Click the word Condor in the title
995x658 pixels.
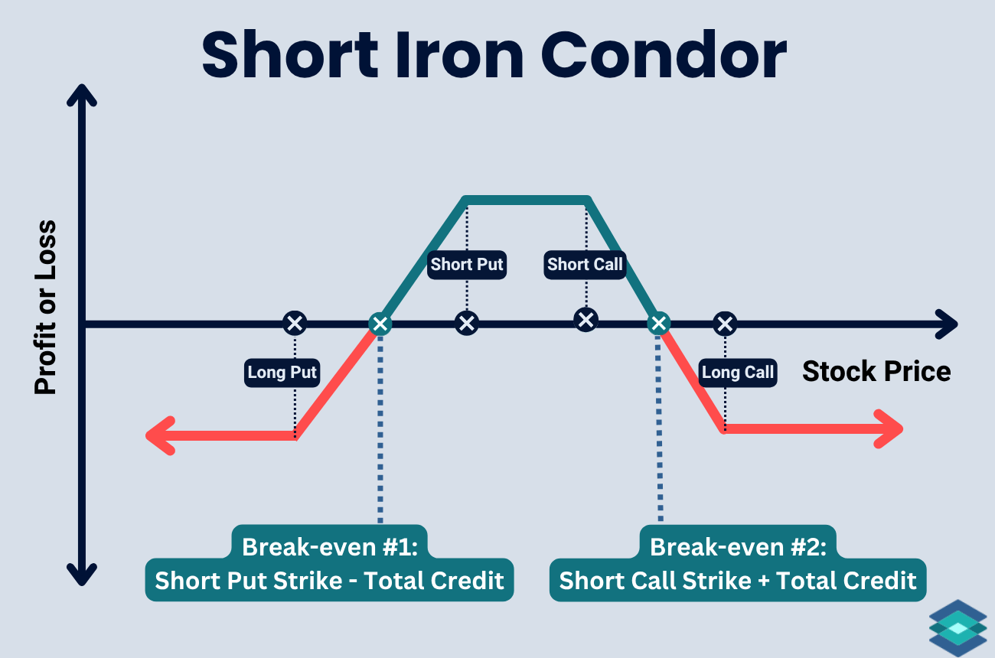click(664, 55)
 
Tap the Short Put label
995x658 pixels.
click(466, 265)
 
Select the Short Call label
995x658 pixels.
click(585, 265)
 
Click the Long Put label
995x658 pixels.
click(282, 373)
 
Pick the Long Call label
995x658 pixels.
click(738, 373)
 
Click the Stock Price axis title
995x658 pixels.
click(876, 371)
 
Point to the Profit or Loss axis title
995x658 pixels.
click(46, 308)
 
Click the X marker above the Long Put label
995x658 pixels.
click(295, 323)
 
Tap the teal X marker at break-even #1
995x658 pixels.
click(380, 324)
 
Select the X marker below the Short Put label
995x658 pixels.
click(466, 323)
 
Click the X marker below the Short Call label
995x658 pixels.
click(586, 320)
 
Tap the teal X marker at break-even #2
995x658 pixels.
click(659, 323)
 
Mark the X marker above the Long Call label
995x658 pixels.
click(725, 324)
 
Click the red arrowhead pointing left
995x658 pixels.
click(160, 435)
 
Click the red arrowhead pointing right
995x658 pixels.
click(889, 429)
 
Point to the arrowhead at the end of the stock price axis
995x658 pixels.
click(947, 324)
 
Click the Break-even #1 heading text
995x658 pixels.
click(330, 546)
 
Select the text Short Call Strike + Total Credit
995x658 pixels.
click(738, 580)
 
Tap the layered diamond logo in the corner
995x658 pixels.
click(958, 628)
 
